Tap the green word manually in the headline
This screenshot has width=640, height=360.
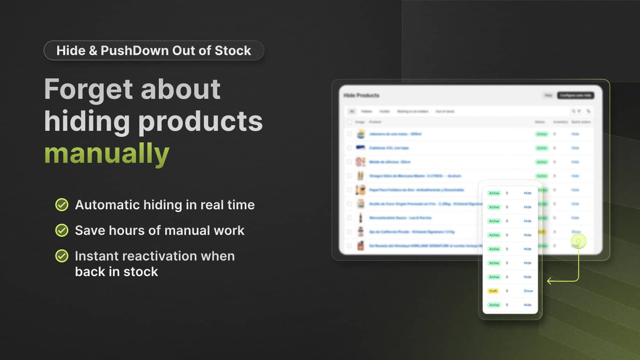(x=107, y=153)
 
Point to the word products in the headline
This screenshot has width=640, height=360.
(x=200, y=121)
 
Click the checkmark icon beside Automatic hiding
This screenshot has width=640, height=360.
(x=62, y=205)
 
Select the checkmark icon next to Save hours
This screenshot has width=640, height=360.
(x=62, y=230)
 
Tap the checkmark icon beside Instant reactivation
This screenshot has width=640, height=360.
(x=62, y=256)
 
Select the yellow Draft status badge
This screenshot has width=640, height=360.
(x=493, y=291)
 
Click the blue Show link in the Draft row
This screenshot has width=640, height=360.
(x=528, y=291)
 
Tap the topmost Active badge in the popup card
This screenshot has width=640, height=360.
(x=494, y=193)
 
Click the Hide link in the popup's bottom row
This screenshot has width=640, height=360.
(x=528, y=305)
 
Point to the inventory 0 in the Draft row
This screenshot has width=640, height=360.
(x=507, y=291)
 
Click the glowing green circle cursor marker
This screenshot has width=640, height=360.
(x=578, y=241)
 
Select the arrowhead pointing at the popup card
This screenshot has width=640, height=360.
(x=550, y=281)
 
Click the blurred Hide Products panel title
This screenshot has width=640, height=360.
(x=361, y=95)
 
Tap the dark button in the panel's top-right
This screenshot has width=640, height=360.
(x=575, y=95)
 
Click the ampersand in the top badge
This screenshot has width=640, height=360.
(x=93, y=51)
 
